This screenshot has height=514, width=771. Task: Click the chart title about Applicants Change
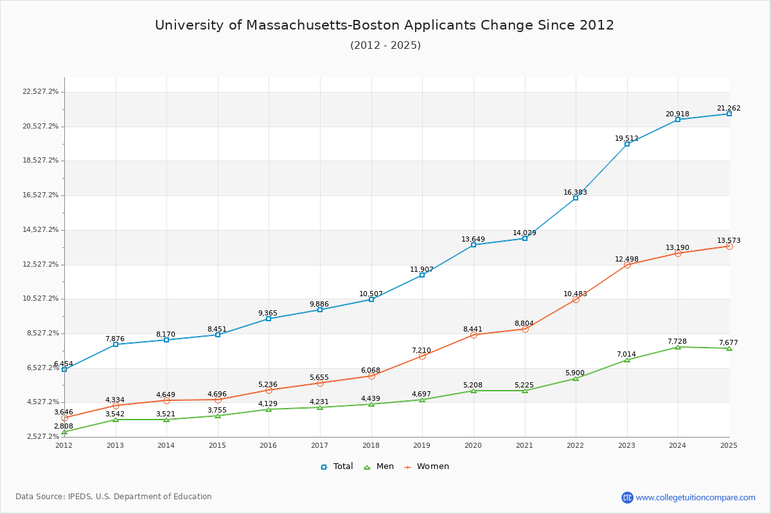[384, 26]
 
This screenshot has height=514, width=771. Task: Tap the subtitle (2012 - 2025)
[385, 46]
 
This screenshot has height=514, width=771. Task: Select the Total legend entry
[337, 466]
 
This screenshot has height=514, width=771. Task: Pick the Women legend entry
[427, 466]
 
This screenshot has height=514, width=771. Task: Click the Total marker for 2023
[627, 144]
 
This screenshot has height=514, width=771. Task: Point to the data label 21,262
[729, 109]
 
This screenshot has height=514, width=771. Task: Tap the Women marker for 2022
[576, 299]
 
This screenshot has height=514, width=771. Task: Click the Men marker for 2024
[678, 347]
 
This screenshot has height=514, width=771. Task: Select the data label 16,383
[575, 192]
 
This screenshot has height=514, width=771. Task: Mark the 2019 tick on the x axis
[422, 445]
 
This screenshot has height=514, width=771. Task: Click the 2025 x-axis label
[729, 445]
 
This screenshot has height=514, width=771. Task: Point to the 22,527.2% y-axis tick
[40, 92]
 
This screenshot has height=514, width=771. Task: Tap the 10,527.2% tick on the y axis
[40, 299]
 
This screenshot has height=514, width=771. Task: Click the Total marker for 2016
[269, 319]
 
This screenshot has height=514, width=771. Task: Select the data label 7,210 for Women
[421, 350]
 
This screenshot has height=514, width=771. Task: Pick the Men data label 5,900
[575, 373]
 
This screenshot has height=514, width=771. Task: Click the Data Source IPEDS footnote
[114, 497]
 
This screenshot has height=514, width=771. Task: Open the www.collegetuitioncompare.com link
[695, 497]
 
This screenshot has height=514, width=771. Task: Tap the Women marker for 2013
[116, 405]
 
